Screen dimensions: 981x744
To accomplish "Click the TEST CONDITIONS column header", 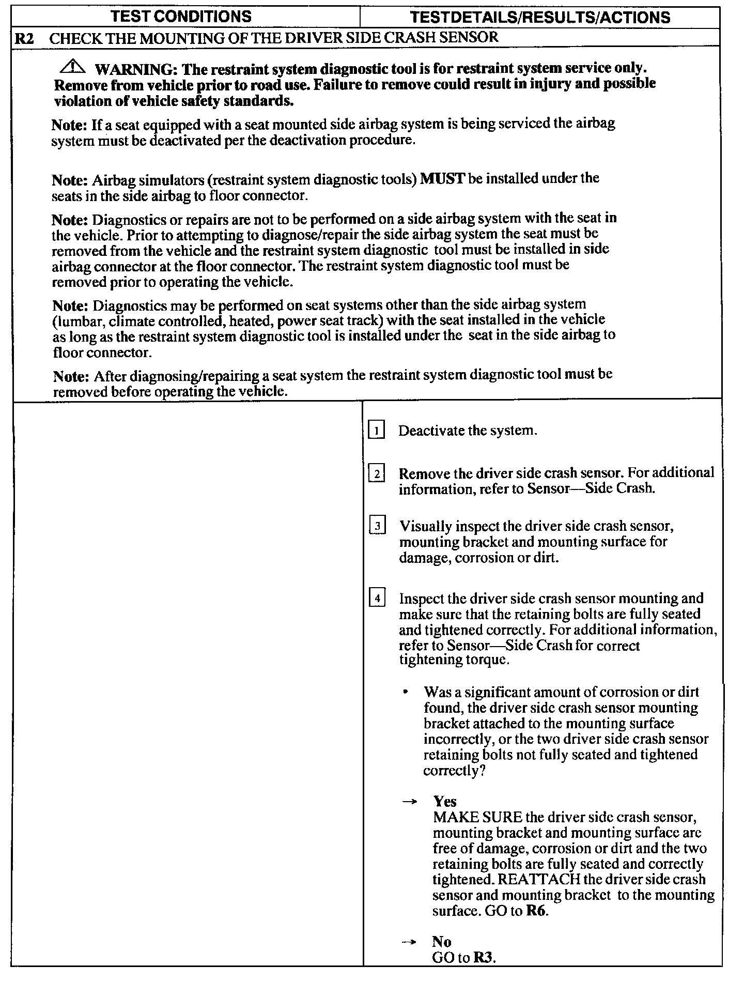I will pyautogui.click(x=181, y=17).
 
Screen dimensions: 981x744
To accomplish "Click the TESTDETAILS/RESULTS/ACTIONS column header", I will pyautogui.click(x=540, y=18).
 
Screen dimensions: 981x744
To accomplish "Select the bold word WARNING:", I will pyautogui.click(x=136, y=69).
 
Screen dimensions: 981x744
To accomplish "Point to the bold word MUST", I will pyautogui.click(x=443, y=179).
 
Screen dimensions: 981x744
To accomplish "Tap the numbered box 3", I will pyautogui.click(x=378, y=526).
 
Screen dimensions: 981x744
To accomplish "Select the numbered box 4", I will pyautogui.click(x=378, y=599).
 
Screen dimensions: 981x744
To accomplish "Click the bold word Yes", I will pyautogui.click(x=445, y=802).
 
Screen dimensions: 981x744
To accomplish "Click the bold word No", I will pyautogui.click(x=442, y=942).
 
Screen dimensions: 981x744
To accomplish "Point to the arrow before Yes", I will pyautogui.click(x=409, y=802).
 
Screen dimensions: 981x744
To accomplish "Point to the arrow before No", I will pyautogui.click(x=409, y=942).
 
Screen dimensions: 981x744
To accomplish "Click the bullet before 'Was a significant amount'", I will pyautogui.click(x=408, y=692).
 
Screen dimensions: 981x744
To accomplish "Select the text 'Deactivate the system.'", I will pyautogui.click(x=468, y=431).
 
